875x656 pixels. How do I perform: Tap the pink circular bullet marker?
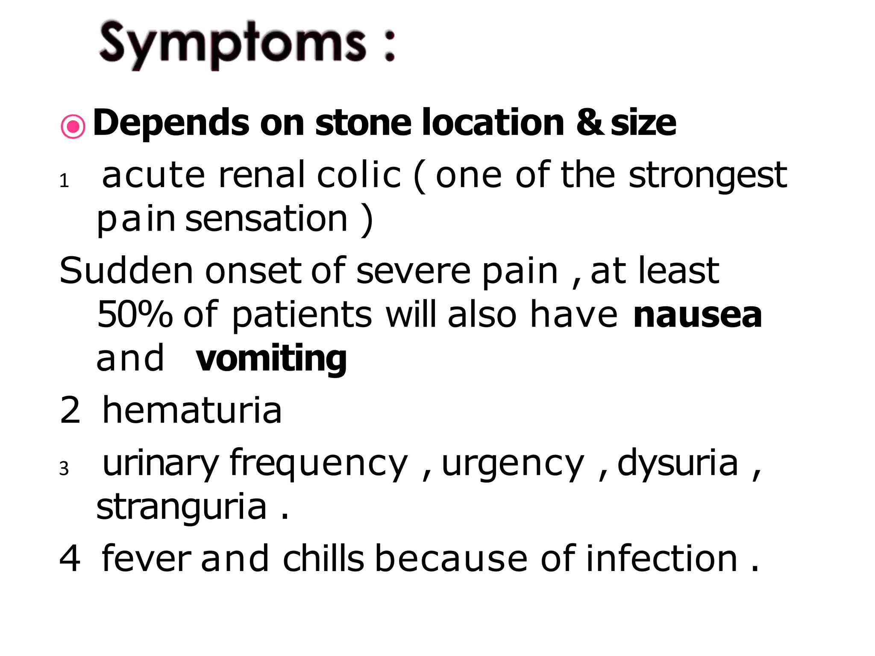73,126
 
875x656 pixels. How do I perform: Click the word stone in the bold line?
363,123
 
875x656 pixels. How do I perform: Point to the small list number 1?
64,181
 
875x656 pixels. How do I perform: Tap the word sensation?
266,219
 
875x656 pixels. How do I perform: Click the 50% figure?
135,315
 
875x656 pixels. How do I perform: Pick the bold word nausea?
697,315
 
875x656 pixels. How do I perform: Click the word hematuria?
192,410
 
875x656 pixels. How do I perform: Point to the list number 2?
70,410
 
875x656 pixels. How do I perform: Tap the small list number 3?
64,469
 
